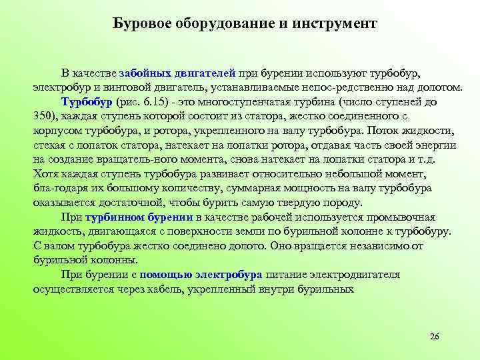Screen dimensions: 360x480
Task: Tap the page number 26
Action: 435,335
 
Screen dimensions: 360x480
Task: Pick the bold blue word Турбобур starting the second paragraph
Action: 87,102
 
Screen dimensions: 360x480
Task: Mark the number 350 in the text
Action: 44,116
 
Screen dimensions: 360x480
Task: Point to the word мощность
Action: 301,188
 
